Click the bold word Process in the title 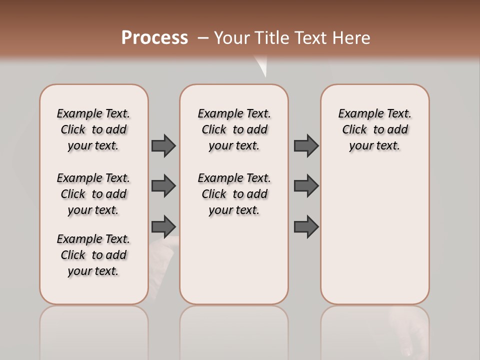(x=154, y=37)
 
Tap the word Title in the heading (x=273, y=38)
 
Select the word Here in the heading (x=352, y=38)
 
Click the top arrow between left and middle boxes (x=163, y=145)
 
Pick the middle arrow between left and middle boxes (x=163, y=186)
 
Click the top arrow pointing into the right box (x=306, y=145)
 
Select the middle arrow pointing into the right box (x=306, y=186)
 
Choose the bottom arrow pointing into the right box (x=306, y=226)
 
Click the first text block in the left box (x=93, y=129)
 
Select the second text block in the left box (x=93, y=194)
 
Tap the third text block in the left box (x=93, y=255)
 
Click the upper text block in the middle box (x=234, y=129)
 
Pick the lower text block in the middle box (x=234, y=194)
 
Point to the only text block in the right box (x=374, y=129)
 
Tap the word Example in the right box (x=357, y=113)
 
